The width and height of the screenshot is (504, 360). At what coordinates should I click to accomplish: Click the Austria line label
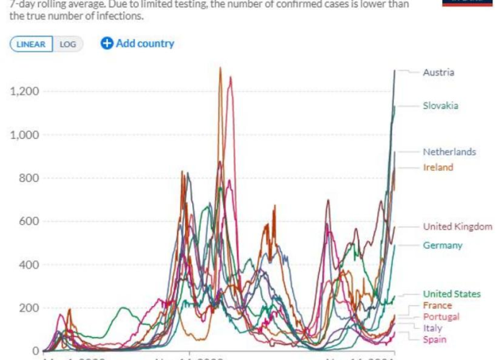(x=438, y=73)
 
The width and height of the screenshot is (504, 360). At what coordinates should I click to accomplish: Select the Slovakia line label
(x=441, y=106)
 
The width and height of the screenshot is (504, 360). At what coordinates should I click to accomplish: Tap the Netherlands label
(x=449, y=152)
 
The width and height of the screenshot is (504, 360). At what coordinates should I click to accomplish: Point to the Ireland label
(x=438, y=168)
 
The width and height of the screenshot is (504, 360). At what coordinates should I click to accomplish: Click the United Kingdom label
(x=457, y=227)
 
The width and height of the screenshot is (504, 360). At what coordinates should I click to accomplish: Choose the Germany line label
(x=442, y=246)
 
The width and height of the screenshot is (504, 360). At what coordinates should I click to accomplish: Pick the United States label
(x=451, y=294)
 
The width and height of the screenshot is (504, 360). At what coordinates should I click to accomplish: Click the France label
(x=438, y=305)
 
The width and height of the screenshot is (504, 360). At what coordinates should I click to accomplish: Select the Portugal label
(x=441, y=317)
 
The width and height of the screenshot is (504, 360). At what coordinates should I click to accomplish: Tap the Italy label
(x=433, y=328)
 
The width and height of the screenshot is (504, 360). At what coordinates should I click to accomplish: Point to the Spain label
(x=434, y=339)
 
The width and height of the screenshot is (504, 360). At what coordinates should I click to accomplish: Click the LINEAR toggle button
(x=32, y=44)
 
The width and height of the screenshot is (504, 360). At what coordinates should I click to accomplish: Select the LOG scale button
(x=68, y=44)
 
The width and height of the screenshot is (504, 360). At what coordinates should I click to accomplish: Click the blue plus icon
(x=107, y=43)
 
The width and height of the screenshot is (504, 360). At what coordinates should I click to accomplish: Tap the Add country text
(x=145, y=43)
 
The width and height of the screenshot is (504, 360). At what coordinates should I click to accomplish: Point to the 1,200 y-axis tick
(x=24, y=91)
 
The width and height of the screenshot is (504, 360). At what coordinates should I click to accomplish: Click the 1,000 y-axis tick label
(x=24, y=135)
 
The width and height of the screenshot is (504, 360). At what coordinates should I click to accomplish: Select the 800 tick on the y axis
(x=30, y=178)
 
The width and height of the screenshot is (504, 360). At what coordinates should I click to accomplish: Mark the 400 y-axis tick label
(x=30, y=264)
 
